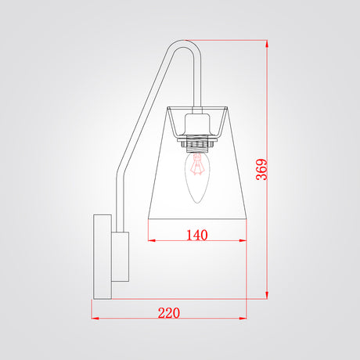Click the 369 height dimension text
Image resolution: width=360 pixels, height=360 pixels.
[261, 170]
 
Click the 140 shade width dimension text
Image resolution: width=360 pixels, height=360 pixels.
[197, 235]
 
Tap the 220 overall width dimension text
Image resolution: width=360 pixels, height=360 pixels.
[169, 313]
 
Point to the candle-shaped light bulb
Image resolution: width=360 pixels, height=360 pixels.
[197, 178]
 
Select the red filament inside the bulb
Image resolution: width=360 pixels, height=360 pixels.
[197, 165]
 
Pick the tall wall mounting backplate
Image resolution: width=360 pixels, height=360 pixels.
[103, 257]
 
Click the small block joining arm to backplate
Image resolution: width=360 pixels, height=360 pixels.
[121, 257]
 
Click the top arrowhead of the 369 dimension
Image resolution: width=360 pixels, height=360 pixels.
[267, 44]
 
